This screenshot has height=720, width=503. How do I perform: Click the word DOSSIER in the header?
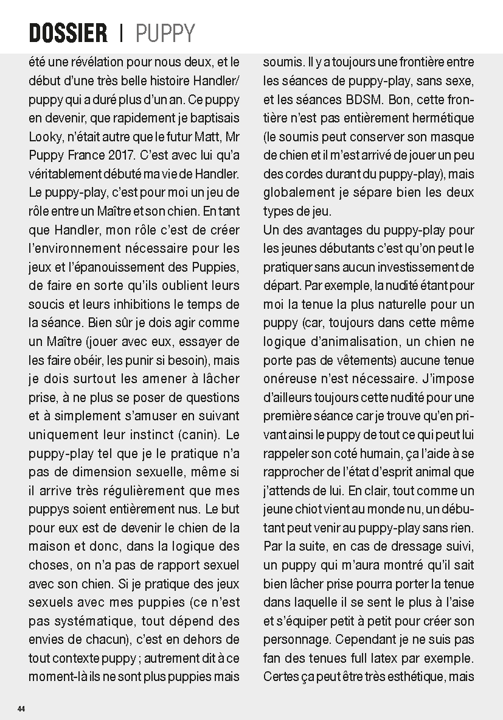point(68,33)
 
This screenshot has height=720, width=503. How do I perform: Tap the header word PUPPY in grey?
point(165,33)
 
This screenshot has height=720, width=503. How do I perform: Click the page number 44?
point(21,709)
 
